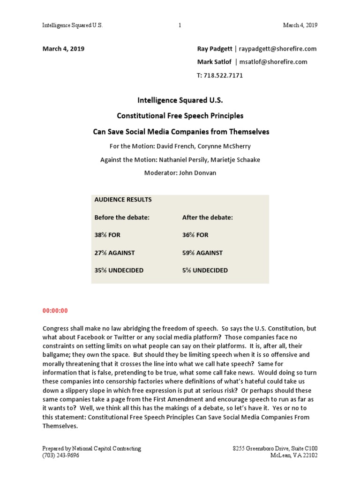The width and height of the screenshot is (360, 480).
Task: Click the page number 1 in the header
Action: tap(180, 25)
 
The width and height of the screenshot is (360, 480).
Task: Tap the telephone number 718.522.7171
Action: tap(225, 75)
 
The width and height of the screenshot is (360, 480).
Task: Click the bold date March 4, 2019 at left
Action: tap(63, 49)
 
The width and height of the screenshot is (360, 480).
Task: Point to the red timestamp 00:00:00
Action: tap(55, 310)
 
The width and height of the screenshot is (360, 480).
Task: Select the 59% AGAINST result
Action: tap(202, 253)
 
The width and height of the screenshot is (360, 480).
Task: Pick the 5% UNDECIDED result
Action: tap(205, 270)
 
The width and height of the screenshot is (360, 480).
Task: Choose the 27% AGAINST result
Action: tap(114, 253)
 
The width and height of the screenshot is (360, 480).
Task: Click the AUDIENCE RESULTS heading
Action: tap(123, 199)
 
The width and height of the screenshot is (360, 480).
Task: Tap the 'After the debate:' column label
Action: tap(207, 217)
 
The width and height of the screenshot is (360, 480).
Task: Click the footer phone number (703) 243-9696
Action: tap(61, 455)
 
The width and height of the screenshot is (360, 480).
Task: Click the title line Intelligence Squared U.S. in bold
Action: tap(180, 100)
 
